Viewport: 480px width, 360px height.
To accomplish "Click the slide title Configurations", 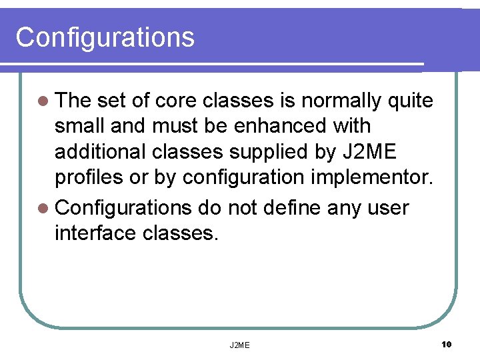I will pos(105,37).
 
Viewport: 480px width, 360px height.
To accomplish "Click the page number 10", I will pos(446,344).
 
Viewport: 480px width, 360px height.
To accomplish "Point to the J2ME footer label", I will pos(239,345).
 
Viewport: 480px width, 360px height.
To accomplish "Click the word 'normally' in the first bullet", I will pos(341,101).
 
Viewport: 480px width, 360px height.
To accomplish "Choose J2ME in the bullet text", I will pos(370,152).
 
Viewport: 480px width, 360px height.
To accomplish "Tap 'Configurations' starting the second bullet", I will pos(123,208).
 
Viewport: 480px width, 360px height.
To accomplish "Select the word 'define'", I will pos(291,208).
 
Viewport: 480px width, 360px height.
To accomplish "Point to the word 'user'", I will pos(389,208).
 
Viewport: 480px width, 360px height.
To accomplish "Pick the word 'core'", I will pos(175,101).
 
